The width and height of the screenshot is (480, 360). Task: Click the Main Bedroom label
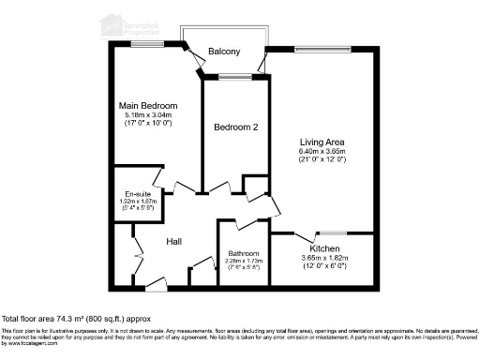(x=148, y=106)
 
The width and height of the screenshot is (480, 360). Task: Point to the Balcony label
(x=224, y=52)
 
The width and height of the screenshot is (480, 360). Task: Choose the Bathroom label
(x=243, y=251)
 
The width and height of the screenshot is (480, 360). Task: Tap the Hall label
(x=173, y=242)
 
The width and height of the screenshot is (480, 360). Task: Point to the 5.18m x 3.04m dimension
(x=148, y=115)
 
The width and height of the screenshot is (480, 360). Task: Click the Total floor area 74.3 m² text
(x=76, y=319)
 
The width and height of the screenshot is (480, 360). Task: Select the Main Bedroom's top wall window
(x=146, y=43)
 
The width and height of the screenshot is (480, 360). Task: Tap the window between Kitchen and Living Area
(x=331, y=232)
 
